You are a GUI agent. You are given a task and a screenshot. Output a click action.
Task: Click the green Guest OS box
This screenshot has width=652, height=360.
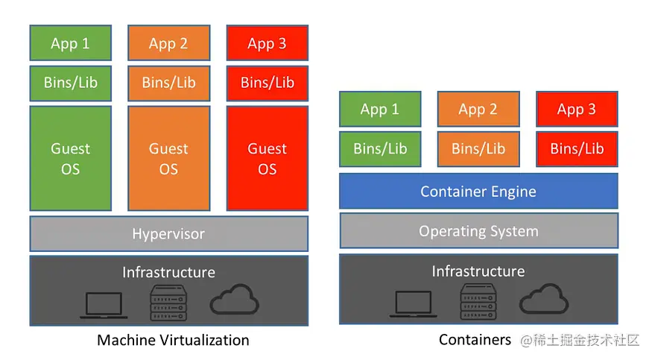[x=71, y=158]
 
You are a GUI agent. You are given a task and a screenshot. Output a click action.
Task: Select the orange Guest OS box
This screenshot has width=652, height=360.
[x=169, y=158]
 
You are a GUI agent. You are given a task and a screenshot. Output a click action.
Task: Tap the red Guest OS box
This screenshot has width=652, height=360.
[x=268, y=158]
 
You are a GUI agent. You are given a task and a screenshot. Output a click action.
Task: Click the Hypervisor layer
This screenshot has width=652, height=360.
[x=169, y=233]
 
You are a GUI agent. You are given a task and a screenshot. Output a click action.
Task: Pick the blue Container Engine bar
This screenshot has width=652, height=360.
[x=478, y=192]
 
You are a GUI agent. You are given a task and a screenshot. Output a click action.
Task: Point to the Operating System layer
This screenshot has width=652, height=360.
[x=478, y=231]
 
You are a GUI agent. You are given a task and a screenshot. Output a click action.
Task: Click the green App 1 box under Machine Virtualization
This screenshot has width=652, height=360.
[x=71, y=42]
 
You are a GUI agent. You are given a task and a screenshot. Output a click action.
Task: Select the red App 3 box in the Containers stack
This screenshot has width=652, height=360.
[x=577, y=109]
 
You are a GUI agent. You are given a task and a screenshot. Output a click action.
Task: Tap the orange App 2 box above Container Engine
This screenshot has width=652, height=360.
[x=478, y=109]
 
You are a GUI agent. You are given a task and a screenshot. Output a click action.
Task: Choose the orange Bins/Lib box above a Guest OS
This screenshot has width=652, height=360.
[x=169, y=83]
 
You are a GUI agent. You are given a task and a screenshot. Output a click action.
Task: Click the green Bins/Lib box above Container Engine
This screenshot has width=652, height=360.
[x=380, y=149]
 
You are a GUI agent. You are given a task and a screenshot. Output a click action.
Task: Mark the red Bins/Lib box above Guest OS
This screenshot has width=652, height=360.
[x=268, y=83]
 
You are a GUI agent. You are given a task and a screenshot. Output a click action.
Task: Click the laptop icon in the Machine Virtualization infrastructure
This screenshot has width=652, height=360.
[x=104, y=306]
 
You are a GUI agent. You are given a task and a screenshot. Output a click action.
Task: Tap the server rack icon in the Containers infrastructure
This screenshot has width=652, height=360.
[x=478, y=302]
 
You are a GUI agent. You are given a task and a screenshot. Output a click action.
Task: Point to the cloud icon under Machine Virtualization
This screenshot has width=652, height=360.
[x=235, y=300]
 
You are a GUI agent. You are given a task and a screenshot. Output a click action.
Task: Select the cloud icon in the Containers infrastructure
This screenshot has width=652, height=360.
[x=544, y=298]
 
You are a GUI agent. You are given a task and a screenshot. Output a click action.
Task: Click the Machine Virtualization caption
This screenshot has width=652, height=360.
[x=173, y=340]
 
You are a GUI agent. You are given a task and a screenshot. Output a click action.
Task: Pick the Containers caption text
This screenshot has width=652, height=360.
[x=475, y=340]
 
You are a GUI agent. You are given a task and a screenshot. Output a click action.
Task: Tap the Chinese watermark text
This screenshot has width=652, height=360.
[x=580, y=340]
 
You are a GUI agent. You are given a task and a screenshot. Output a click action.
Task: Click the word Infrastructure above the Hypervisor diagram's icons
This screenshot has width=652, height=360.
[x=169, y=272]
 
